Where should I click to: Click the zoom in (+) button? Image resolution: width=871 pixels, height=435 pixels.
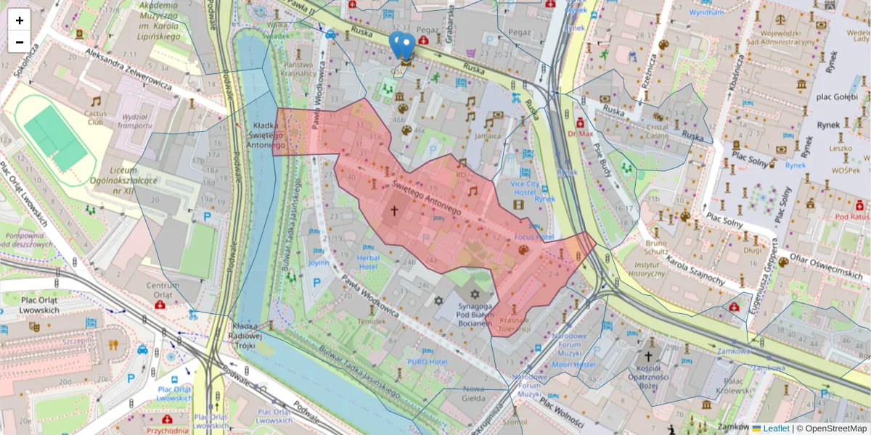click(x=20, y=20)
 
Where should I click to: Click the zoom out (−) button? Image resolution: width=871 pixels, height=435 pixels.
click(x=20, y=42)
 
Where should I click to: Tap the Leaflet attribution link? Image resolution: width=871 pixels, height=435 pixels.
click(x=776, y=428)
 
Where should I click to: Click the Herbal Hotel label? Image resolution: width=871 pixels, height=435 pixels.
click(x=369, y=262)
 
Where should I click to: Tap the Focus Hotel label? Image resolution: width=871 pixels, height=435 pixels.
click(x=533, y=237)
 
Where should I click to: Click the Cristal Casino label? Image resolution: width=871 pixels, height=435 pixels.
click(x=657, y=130)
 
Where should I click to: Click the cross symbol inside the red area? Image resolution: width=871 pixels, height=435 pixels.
click(x=395, y=211)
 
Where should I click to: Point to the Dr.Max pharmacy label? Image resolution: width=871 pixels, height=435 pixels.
click(x=581, y=133)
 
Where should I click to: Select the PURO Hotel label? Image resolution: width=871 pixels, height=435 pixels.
click(x=427, y=360)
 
